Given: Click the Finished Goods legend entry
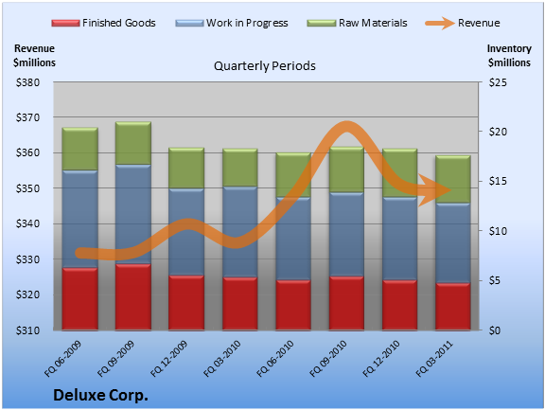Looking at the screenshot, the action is pyautogui.click(x=103, y=23).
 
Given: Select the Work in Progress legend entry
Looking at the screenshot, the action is pyautogui.click(x=232, y=23).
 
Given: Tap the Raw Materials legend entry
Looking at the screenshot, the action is pyautogui.click(x=357, y=23).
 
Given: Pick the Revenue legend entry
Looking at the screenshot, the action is pyautogui.click(x=463, y=23).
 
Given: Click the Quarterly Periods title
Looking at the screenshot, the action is pyautogui.click(x=265, y=65).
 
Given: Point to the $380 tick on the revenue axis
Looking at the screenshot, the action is pyautogui.click(x=27, y=82).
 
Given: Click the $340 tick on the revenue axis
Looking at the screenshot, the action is pyautogui.click(x=27, y=223).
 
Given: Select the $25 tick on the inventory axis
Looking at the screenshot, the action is pyautogui.click(x=498, y=82).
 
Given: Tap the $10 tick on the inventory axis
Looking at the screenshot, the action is pyautogui.click(x=498, y=231).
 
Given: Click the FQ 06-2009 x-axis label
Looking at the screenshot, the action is pyautogui.click(x=62, y=359).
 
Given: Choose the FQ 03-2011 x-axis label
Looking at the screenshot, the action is pyautogui.click(x=435, y=359).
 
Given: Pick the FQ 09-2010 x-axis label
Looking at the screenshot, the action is pyautogui.click(x=328, y=359).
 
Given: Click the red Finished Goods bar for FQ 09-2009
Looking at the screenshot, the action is pyautogui.click(x=133, y=296).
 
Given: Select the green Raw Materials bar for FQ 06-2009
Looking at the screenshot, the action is pyautogui.click(x=79, y=149).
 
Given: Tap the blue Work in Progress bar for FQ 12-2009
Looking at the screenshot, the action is pyautogui.click(x=186, y=232).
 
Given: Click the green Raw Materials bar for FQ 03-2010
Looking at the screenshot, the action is pyautogui.click(x=239, y=168).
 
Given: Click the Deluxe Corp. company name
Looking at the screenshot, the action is pyautogui.click(x=101, y=396).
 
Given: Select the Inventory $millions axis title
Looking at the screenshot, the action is pyautogui.click(x=509, y=56).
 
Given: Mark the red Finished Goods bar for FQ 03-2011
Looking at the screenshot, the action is pyautogui.click(x=453, y=307).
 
